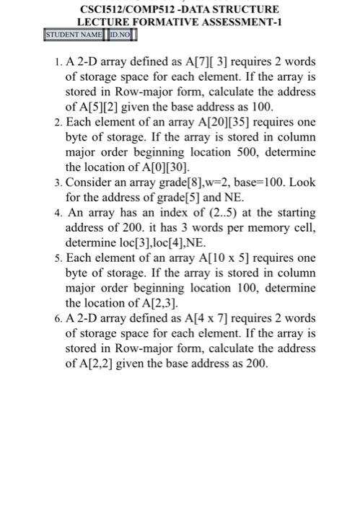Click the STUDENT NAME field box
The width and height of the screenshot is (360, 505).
pyautogui.click(x=74, y=35)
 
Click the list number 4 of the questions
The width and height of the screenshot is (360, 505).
pyautogui.click(x=57, y=213)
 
